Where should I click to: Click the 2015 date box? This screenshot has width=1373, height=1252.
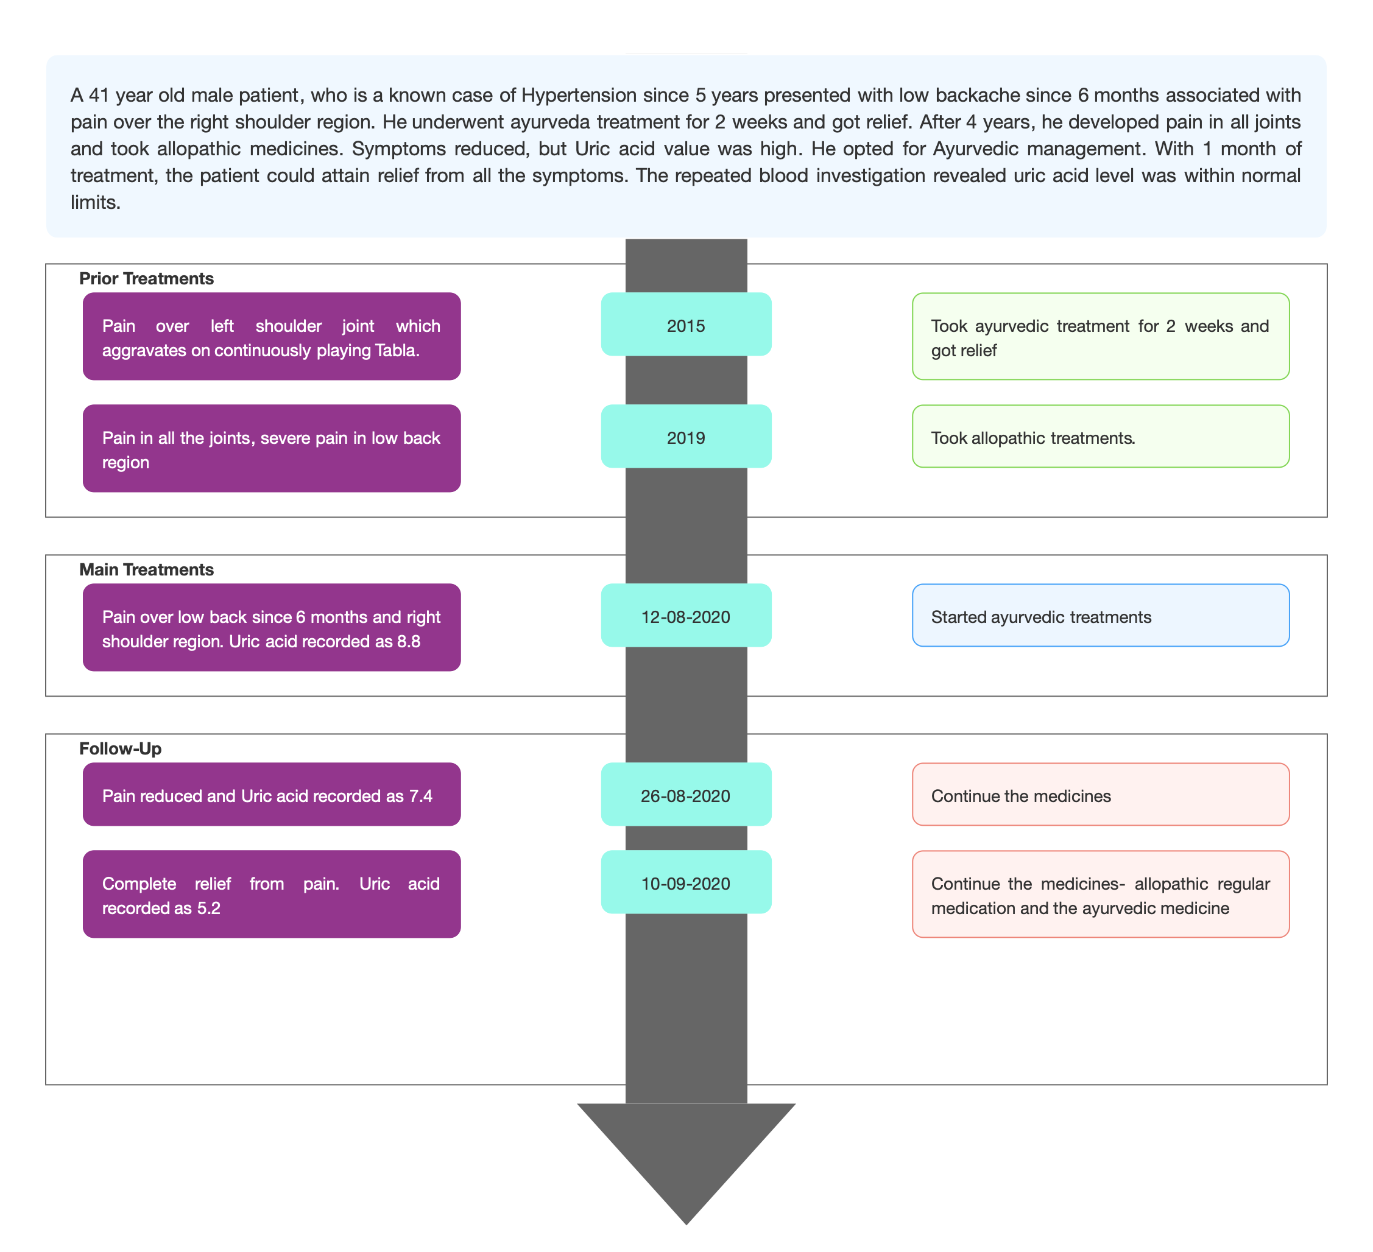(x=686, y=324)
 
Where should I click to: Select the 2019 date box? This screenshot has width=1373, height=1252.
(x=686, y=437)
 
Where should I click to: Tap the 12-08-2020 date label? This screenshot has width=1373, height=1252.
(x=685, y=617)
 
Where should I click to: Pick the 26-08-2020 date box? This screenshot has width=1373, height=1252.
(x=686, y=795)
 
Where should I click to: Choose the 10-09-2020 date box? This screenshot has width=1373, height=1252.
(x=686, y=882)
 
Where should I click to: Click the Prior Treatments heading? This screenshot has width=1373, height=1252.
(x=146, y=278)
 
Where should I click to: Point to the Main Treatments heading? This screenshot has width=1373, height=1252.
(x=146, y=570)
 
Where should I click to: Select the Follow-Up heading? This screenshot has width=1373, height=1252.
(x=121, y=749)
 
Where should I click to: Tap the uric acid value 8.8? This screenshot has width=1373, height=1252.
(x=409, y=641)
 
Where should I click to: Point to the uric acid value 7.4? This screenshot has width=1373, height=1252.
(x=421, y=796)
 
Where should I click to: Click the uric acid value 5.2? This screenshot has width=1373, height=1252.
(x=209, y=908)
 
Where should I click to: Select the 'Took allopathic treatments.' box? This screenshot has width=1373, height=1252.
(x=1101, y=437)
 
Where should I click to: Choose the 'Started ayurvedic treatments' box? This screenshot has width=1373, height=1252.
(x=1101, y=616)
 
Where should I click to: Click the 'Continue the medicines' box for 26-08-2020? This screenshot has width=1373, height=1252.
(x=1101, y=795)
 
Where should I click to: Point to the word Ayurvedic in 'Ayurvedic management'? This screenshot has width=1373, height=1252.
(x=978, y=149)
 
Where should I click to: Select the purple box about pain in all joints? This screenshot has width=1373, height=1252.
(x=272, y=449)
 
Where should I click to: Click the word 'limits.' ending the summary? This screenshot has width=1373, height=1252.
(x=96, y=202)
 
